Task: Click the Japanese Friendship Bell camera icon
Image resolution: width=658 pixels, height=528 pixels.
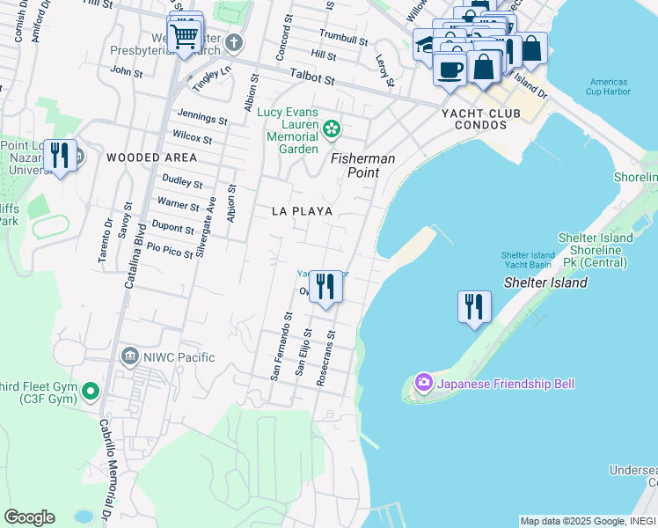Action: [x=424, y=382]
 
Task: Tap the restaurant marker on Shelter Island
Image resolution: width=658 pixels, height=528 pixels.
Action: [x=474, y=307]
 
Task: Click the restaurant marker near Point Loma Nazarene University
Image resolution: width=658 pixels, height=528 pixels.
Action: [x=60, y=157]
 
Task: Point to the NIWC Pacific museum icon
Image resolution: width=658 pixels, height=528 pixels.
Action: [x=129, y=356]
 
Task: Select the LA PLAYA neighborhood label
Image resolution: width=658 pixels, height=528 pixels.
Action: [x=302, y=211]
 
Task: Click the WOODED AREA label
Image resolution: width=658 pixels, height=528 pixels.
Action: [x=151, y=158]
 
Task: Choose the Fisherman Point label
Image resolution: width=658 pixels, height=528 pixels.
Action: [x=362, y=165]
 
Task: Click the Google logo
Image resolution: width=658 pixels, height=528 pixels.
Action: [x=29, y=517]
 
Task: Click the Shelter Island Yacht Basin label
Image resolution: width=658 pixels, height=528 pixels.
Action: [x=529, y=261]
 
